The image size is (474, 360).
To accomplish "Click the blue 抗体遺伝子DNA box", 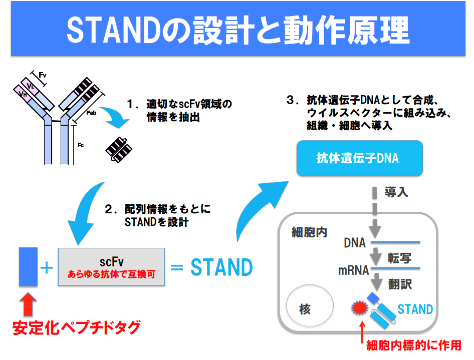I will pos(357,158).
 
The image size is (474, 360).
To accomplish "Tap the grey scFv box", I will pos(111,267).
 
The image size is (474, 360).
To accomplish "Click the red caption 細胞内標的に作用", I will pos(413,345).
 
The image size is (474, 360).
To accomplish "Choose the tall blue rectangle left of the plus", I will pos(29,266).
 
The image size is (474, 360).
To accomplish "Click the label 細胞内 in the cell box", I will pos(309,233).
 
